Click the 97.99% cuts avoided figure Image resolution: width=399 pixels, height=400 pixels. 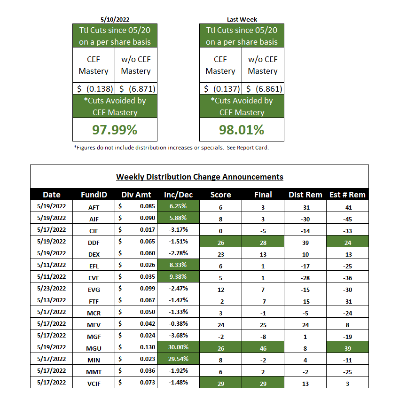tap(115, 129)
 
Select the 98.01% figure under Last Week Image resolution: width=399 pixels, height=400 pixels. tap(242, 129)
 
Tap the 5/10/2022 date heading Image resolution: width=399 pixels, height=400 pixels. tap(115, 20)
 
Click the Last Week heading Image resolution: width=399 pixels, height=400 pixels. tap(242, 20)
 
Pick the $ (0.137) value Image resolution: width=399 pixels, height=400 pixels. tap(220, 89)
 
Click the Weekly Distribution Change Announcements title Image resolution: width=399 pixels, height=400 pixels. tap(199, 177)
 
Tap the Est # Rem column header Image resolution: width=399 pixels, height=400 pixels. tap(347, 195)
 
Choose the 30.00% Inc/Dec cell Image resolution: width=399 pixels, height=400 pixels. tap(178, 347)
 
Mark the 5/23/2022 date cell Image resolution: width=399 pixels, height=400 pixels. tap(52, 288)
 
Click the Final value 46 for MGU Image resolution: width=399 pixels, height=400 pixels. tap(263, 347)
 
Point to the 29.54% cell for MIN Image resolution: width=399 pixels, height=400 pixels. tap(178, 359)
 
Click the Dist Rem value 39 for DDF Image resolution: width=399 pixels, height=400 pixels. tap(305, 241)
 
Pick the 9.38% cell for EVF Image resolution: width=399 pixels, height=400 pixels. tap(178, 276)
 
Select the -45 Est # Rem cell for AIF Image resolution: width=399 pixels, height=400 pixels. tap(347, 218)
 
